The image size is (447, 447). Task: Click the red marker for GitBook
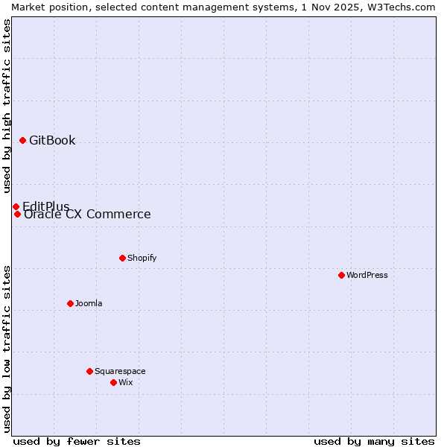[x=22, y=140]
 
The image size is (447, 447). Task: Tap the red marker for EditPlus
[x=16, y=206]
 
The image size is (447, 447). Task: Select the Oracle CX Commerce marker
[x=17, y=215]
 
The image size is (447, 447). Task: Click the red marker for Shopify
[x=122, y=258]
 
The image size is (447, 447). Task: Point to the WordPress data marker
[x=341, y=275]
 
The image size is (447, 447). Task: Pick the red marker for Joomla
[x=70, y=303]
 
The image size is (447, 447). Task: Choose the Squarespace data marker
[x=89, y=371]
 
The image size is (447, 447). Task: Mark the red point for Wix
[x=113, y=382]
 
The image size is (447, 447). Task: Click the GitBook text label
[x=52, y=141]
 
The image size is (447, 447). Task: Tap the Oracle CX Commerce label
[x=87, y=215]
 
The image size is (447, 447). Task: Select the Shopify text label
[x=142, y=258]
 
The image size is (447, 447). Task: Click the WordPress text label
[x=367, y=275]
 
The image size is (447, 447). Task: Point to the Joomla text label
[x=89, y=303]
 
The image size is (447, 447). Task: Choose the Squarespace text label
[x=120, y=371]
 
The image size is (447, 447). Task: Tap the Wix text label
[x=125, y=382]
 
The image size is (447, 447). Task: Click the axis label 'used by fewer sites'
[x=77, y=441]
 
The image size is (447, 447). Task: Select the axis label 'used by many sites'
[x=374, y=441]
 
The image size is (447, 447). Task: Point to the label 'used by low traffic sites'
[x=7, y=349]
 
